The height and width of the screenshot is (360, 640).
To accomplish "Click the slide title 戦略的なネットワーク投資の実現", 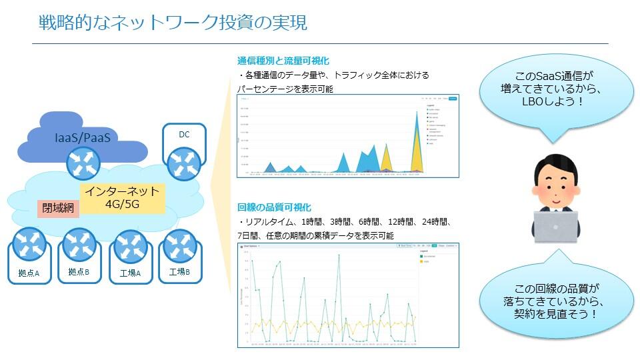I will (173, 23).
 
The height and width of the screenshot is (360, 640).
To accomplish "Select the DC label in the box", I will (184, 135).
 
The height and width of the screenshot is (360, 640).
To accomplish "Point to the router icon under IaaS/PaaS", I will (83, 164).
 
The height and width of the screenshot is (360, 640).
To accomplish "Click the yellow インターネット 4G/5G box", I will (123, 198).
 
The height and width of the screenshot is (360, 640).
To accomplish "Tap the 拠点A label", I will (29, 273).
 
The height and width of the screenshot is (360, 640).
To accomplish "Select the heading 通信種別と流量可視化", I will (283, 61).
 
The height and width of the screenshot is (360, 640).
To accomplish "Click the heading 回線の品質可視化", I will (274, 207).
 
